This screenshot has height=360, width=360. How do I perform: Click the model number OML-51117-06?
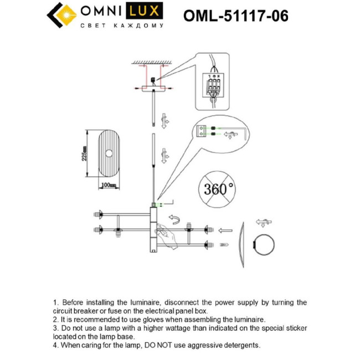tap(236, 15)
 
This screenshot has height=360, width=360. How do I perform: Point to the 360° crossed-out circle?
tap(219, 189)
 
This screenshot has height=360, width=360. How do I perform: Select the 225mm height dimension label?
tap(84, 156)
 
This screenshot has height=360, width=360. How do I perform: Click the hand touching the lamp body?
tap(169, 235)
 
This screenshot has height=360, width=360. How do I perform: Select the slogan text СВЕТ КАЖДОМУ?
tap(122, 26)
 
